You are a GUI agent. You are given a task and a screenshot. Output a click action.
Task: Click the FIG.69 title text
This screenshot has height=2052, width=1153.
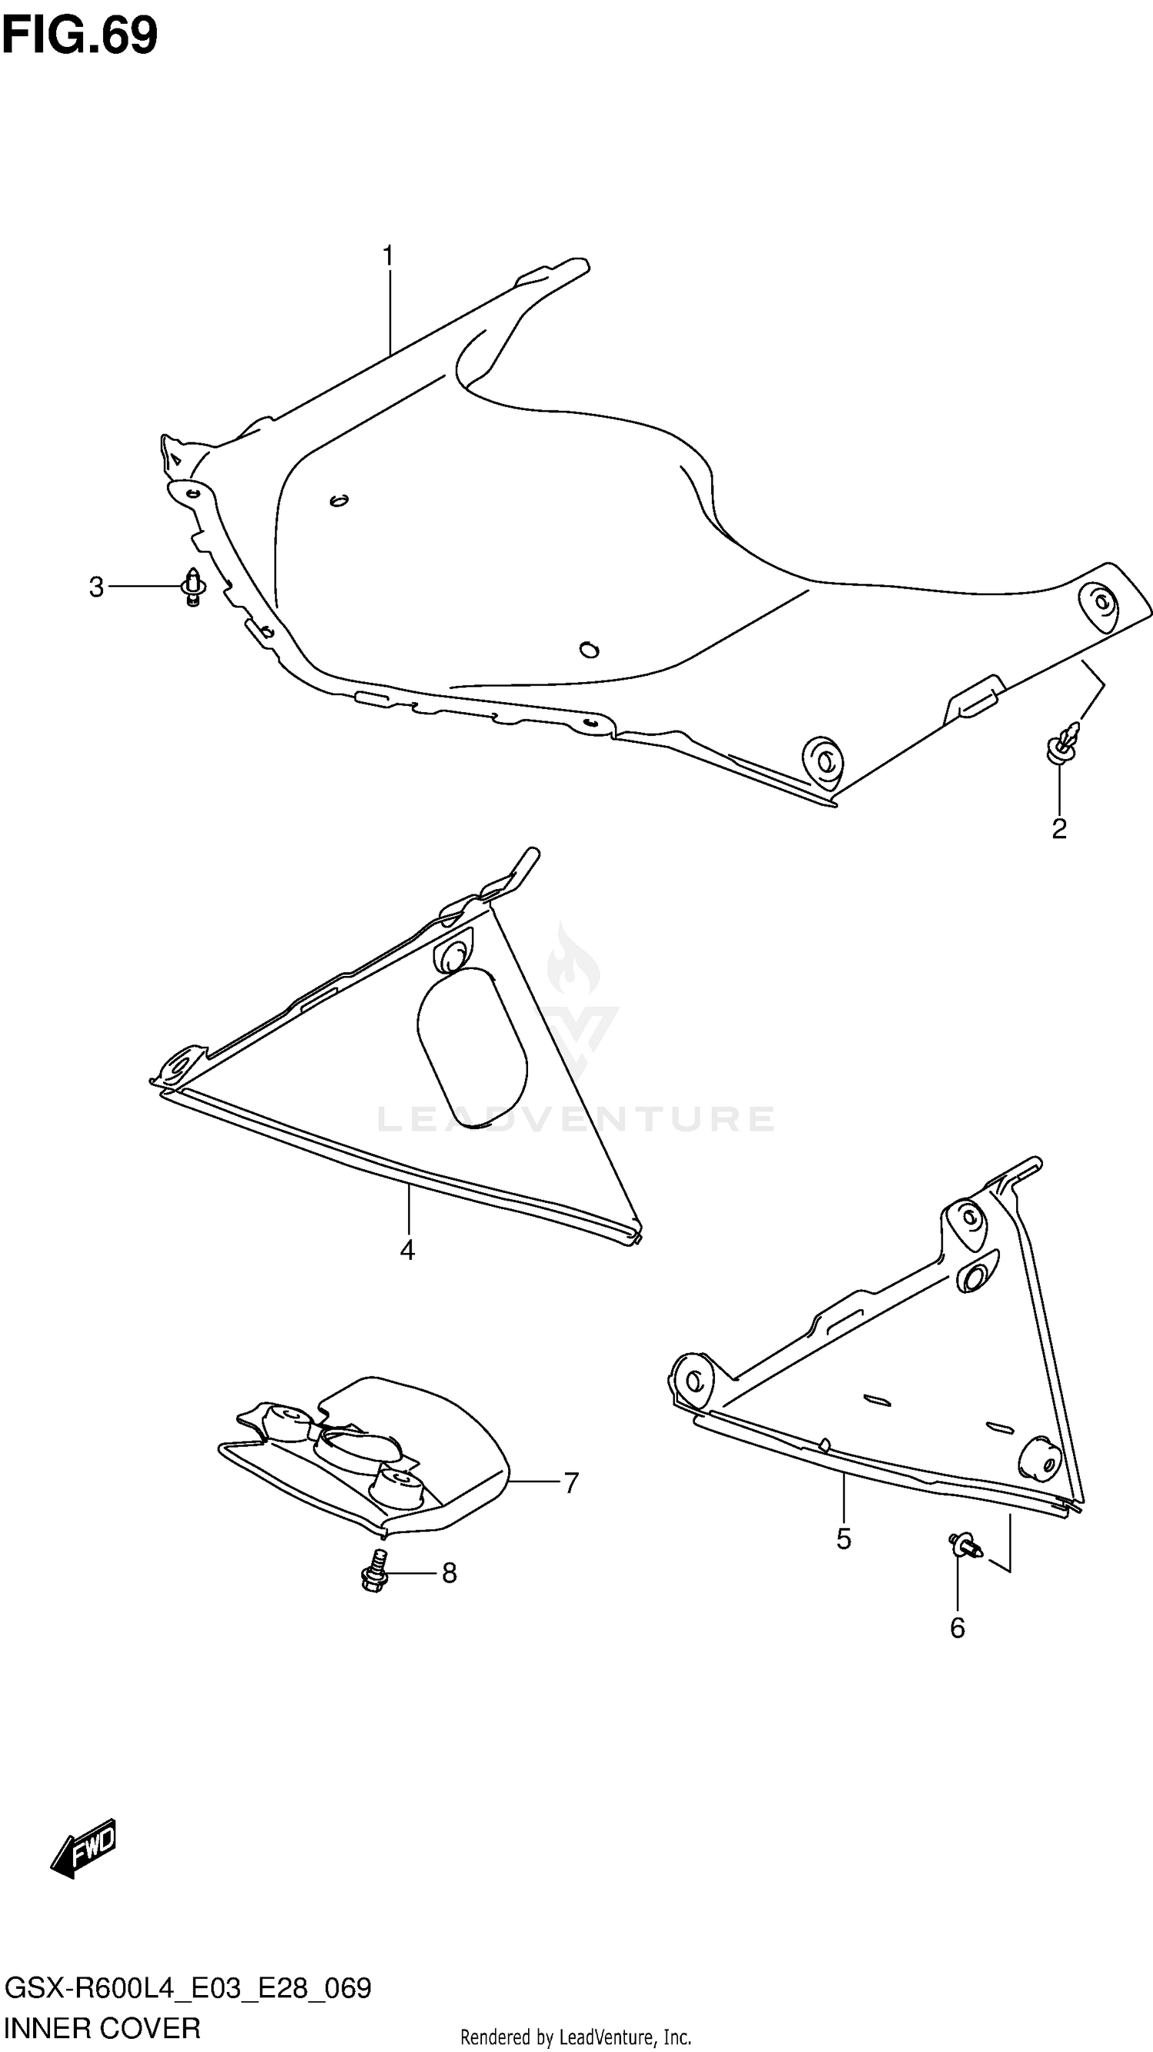(80, 35)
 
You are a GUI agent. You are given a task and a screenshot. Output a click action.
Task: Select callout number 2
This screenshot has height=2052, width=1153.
(1058, 829)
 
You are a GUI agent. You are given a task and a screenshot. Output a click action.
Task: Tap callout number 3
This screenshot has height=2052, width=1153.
(96, 588)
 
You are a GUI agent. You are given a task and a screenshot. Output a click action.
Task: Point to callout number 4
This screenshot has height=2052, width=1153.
(407, 1251)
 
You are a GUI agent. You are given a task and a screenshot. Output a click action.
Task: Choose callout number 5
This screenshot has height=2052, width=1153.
(844, 1539)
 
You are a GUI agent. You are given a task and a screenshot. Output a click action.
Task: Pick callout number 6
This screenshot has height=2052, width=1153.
(957, 1627)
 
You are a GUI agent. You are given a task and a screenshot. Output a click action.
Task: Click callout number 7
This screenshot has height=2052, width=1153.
(571, 1482)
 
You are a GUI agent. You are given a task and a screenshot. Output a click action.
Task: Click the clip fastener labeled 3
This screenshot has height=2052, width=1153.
(193, 588)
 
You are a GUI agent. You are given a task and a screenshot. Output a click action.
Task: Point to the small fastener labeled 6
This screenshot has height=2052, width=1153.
(966, 1545)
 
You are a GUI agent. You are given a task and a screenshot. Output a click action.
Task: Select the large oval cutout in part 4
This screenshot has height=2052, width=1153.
(471, 1048)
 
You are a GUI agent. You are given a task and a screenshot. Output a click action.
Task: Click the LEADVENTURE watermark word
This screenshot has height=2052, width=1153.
(575, 1118)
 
